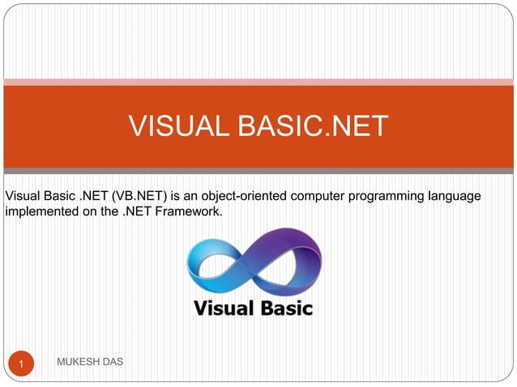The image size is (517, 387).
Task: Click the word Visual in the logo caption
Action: click(219, 308)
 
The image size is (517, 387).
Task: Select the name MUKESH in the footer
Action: click(79, 360)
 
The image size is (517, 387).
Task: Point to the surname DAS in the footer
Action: click(113, 360)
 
